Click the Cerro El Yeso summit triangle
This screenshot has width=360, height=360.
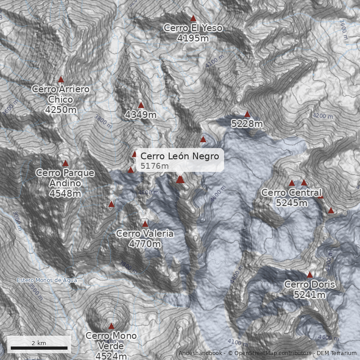[x=193, y=18]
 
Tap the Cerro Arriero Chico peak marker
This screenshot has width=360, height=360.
[x=61, y=80]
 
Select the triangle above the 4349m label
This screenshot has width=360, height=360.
[x=141, y=105]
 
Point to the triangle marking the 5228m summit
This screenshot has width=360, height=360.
[x=247, y=114]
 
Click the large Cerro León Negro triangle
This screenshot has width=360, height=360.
[x=180, y=179]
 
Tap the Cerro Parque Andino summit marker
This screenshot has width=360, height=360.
[x=65, y=163]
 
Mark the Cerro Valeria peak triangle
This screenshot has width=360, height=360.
[x=145, y=224]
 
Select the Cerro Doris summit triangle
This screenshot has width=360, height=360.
[x=310, y=274]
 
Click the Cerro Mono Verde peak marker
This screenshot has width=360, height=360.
[x=111, y=326]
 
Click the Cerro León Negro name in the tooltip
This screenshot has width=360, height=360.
[x=180, y=156]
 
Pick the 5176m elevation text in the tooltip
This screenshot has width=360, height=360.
[x=154, y=166]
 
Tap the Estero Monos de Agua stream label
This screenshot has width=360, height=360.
[x=47, y=280]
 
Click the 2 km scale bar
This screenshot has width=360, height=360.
[x=39, y=348]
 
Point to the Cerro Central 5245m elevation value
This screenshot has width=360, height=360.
[x=292, y=203]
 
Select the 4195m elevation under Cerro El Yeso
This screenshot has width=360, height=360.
[x=193, y=38]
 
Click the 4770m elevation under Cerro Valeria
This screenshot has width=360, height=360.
[x=145, y=244]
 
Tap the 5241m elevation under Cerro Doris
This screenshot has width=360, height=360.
[x=310, y=295]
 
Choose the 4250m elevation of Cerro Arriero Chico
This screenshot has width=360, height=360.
[x=61, y=109]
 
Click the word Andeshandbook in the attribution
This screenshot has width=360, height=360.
[x=200, y=353]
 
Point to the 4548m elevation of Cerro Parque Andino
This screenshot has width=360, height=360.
[x=65, y=193]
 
